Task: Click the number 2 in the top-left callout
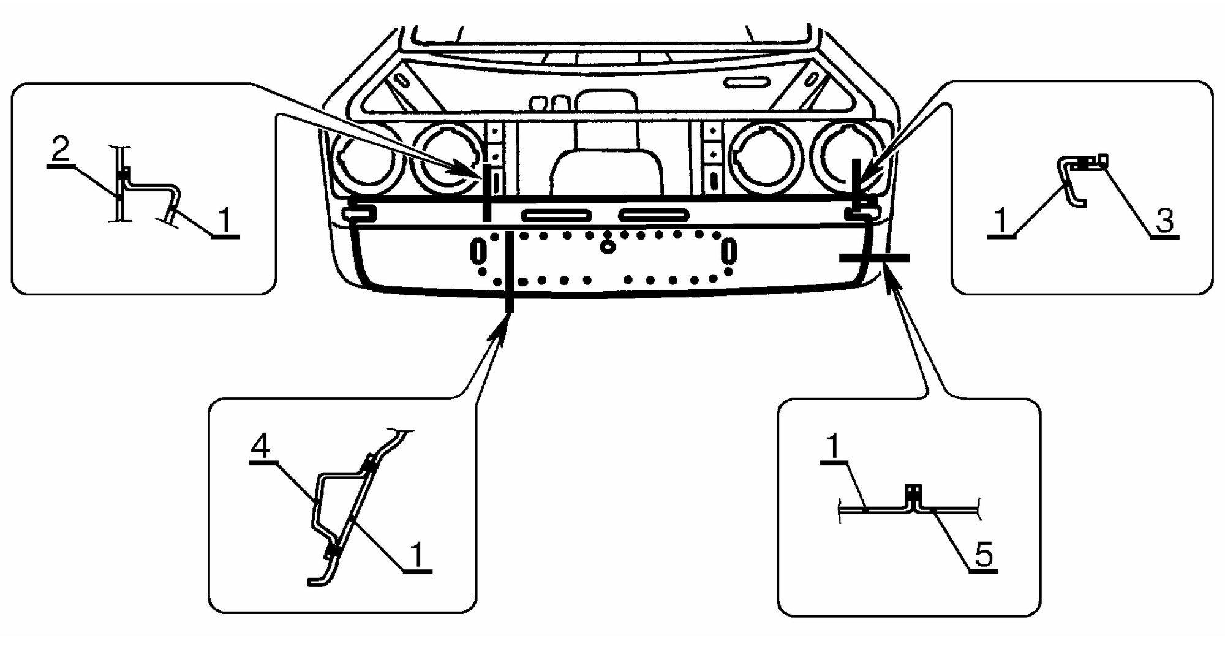(61, 149)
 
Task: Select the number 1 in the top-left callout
(225, 220)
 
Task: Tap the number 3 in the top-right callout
(1164, 221)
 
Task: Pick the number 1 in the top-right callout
(1001, 219)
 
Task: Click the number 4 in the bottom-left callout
(261, 446)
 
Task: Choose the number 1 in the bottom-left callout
(417, 555)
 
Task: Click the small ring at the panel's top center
(608, 247)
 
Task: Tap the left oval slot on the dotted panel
(478, 251)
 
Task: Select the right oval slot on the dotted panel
(729, 252)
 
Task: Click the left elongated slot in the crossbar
(557, 215)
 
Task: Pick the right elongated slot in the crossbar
(654, 214)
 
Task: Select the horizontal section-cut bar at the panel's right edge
(874, 258)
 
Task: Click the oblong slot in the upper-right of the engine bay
(747, 82)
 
